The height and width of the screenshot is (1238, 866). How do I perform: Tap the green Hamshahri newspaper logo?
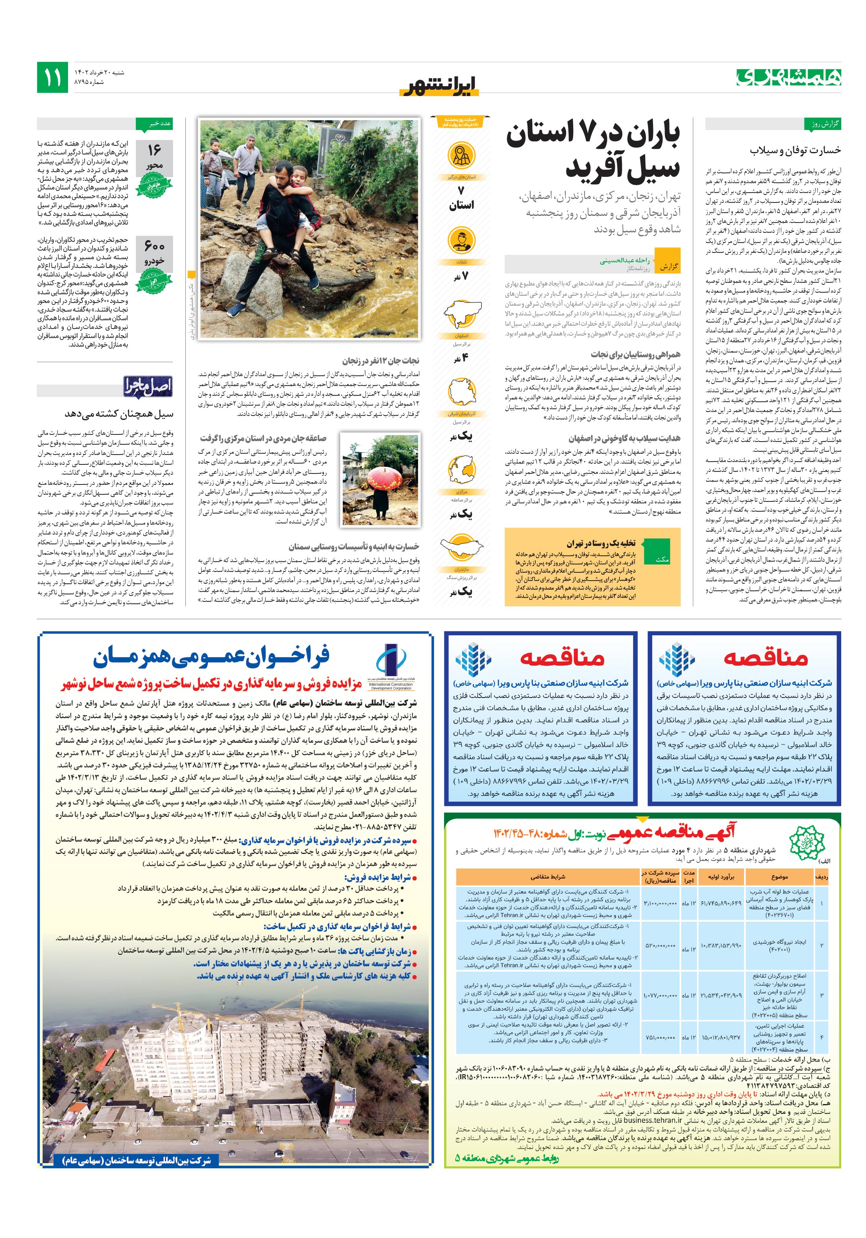789,78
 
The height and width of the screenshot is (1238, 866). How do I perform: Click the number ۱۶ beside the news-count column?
154,150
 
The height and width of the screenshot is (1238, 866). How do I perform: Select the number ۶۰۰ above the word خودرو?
154,246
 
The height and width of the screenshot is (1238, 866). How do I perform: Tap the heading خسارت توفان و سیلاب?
795,150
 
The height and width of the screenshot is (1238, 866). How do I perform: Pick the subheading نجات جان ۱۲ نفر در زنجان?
381,360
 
